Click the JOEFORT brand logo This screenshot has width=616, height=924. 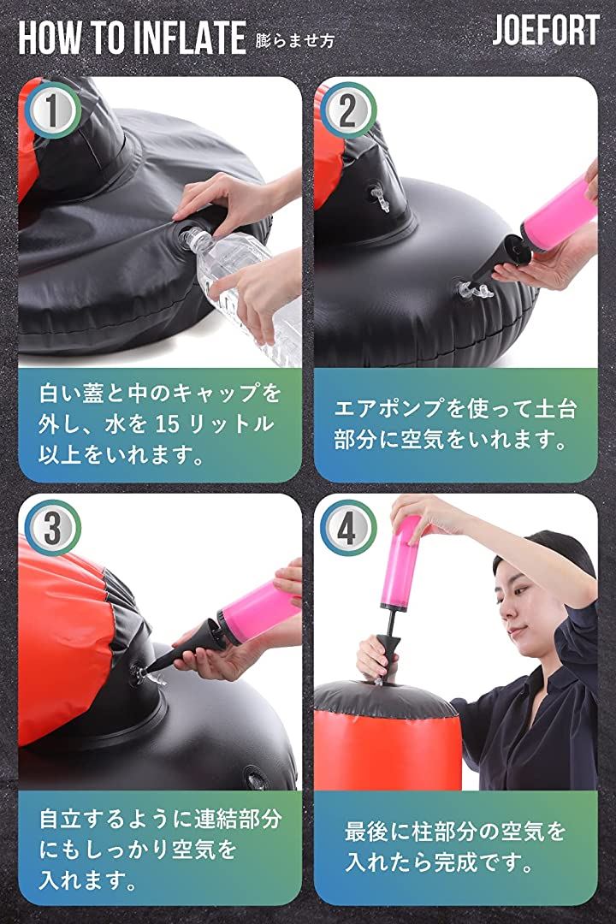pos(546,31)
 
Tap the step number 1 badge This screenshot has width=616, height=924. pos(52,110)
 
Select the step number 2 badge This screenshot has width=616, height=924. pos(347,110)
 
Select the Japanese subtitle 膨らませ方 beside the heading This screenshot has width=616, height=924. pos(294,40)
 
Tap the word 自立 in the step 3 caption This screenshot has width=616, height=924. pos(61,819)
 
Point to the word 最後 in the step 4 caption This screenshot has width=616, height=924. pos(367,832)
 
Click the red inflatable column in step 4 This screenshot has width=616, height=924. pos(388,749)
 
